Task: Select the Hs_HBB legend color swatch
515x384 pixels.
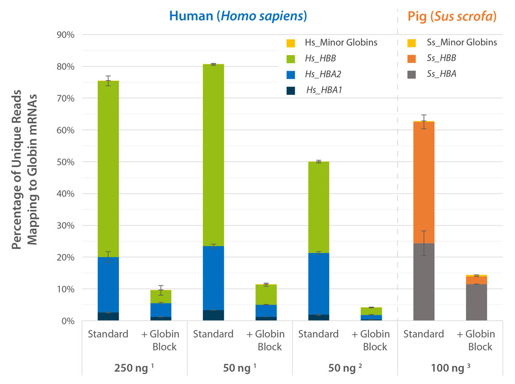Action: pyautogui.click(x=290, y=59)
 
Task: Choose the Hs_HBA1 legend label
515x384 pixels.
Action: pyautogui.click(x=324, y=90)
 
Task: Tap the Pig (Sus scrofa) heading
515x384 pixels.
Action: pyautogui.click(x=452, y=16)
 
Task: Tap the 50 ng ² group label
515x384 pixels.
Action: pyautogui.click(x=345, y=369)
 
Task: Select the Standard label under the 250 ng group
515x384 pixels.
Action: pyautogui.click(x=108, y=334)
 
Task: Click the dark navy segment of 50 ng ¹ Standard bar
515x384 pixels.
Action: pyautogui.click(x=213, y=315)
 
